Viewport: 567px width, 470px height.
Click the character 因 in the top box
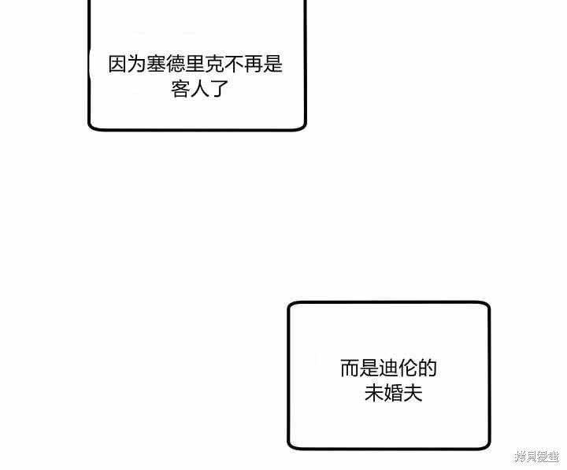tap(118, 65)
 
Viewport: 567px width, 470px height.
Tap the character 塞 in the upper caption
tap(157, 65)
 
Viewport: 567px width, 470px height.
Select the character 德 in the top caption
tap(176, 65)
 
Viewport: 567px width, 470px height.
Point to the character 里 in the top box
tap(195, 65)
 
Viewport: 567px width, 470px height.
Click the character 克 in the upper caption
tap(215, 65)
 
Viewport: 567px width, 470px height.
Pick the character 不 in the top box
tap(234, 65)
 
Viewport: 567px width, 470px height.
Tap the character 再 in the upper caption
tap(254, 65)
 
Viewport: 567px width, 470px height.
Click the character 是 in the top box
tap(273, 65)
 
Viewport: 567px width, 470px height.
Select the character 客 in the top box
tap(180, 89)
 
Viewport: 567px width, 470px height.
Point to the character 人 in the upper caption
tap(199, 89)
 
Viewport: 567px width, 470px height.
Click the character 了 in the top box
tap(219, 89)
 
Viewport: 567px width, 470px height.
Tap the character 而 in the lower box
tap(350, 368)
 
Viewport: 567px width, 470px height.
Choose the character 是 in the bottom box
tap(369, 368)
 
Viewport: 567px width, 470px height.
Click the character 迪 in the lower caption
tap(388, 368)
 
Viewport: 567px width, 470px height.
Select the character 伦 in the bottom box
tap(408, 368)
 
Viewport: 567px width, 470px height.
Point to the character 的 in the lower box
tap(428, 368)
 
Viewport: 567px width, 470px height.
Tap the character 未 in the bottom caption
tap(374, 393)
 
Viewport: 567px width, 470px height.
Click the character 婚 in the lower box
tap(394, 393)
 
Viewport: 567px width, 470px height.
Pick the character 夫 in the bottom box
tap(413, 393)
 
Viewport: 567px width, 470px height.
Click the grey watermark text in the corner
tap(537, 457)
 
